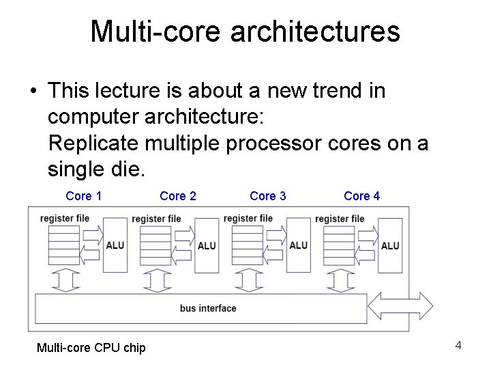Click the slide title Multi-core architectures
(x=245, y=31)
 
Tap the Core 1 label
(x=84, y=196)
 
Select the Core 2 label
(x=178, y=196)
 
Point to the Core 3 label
(x=268, y=196)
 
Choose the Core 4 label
(x=362, y=196)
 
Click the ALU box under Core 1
(x=115, y=245)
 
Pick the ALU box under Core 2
(x=206, y=245)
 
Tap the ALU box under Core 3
(x=298, y=245)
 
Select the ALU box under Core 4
(x=390, y=245)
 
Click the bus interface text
(x=208, y=308)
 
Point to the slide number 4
(x=458, y=345)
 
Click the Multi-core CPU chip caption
(x=91, y=348)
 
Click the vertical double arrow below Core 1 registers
(x=65, y=280)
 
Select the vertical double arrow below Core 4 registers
(x=340, y=280)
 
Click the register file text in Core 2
(x=156, y=219)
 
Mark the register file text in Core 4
(x=340, y=219)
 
